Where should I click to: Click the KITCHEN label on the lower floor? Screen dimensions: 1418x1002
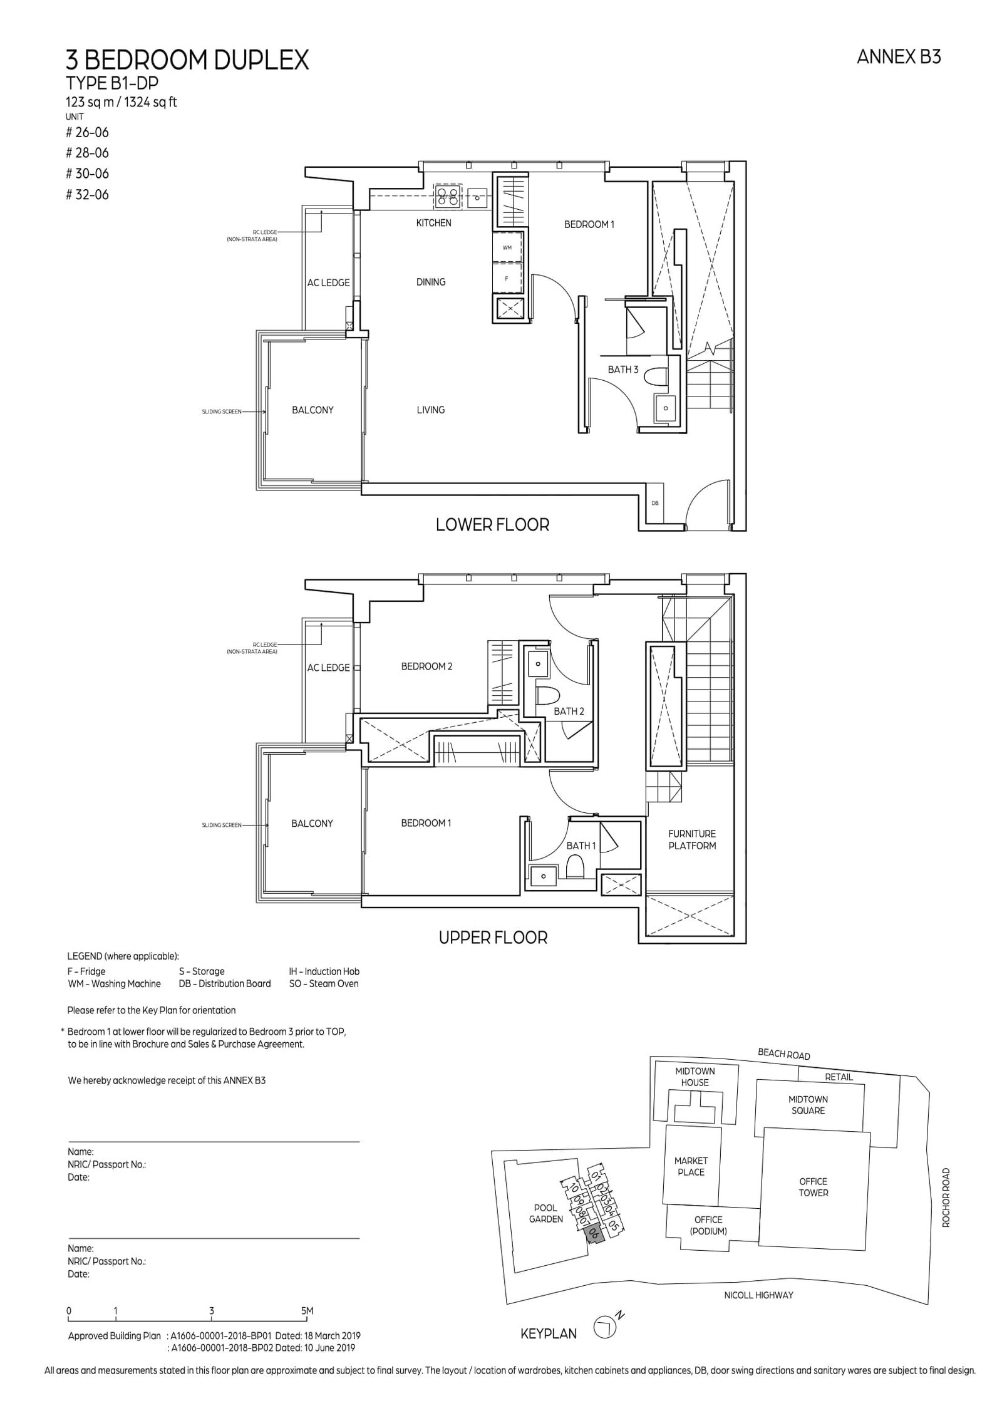[x=433, y=223]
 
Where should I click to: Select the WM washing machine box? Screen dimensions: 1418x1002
[x=507, y=248]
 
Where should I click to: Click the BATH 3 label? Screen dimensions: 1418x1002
[x=622, y=370]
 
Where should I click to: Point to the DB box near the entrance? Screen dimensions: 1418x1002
[x=655, y=503]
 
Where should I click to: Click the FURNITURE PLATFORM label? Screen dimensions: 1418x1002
[x=691, y=839]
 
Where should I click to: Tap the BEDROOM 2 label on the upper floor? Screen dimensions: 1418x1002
[x=426, y=666]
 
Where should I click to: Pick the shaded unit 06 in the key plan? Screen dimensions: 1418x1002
[x=592, y=1234]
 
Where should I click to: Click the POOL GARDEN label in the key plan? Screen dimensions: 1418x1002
[x=545, y=1214]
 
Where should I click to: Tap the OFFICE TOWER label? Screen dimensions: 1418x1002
[x=813, y=1187]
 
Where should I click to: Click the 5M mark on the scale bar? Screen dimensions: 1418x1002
[x=306, y=1310]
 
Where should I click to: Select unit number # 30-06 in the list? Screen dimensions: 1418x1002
[x=88, y=173]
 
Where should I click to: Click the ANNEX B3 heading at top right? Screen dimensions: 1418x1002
[x=899, y=57]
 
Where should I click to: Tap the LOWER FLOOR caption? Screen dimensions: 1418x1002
[x=492, y=525]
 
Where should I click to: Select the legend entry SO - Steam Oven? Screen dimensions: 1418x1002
[x=324, y=983]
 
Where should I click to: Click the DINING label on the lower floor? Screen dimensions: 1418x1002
[x=431, y=282]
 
